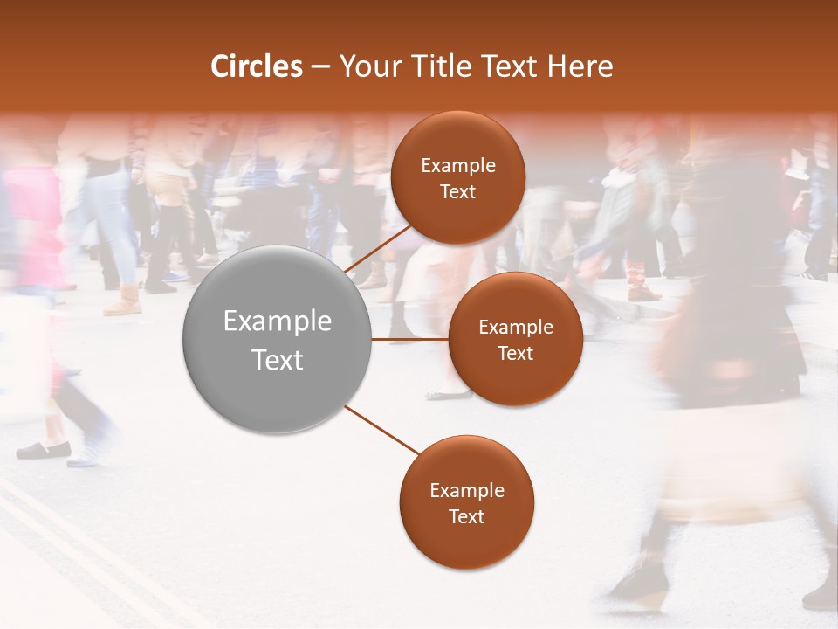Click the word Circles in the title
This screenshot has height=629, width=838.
(x=257, y=66)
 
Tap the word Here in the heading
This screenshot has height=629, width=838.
(x=580, y=66)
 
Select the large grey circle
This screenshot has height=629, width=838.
(x=278, y=340)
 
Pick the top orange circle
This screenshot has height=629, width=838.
(x=457, y=178)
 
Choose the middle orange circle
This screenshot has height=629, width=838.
(x=515, y=339)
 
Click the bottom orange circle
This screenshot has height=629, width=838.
(x=466, y=502)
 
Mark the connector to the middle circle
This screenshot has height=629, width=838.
(x=409, y=339)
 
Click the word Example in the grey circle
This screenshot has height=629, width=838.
(x=278, y=321)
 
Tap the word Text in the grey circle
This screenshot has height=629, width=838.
(x=278, y=360)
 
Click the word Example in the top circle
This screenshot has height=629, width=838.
(x=458, y=166)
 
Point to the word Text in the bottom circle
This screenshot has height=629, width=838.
(x=466, y=516)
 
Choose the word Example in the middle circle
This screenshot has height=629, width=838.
(x=516, y=327)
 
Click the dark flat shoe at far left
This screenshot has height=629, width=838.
(x=44, y=450)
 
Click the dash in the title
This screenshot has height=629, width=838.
(x=320, y=66)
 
